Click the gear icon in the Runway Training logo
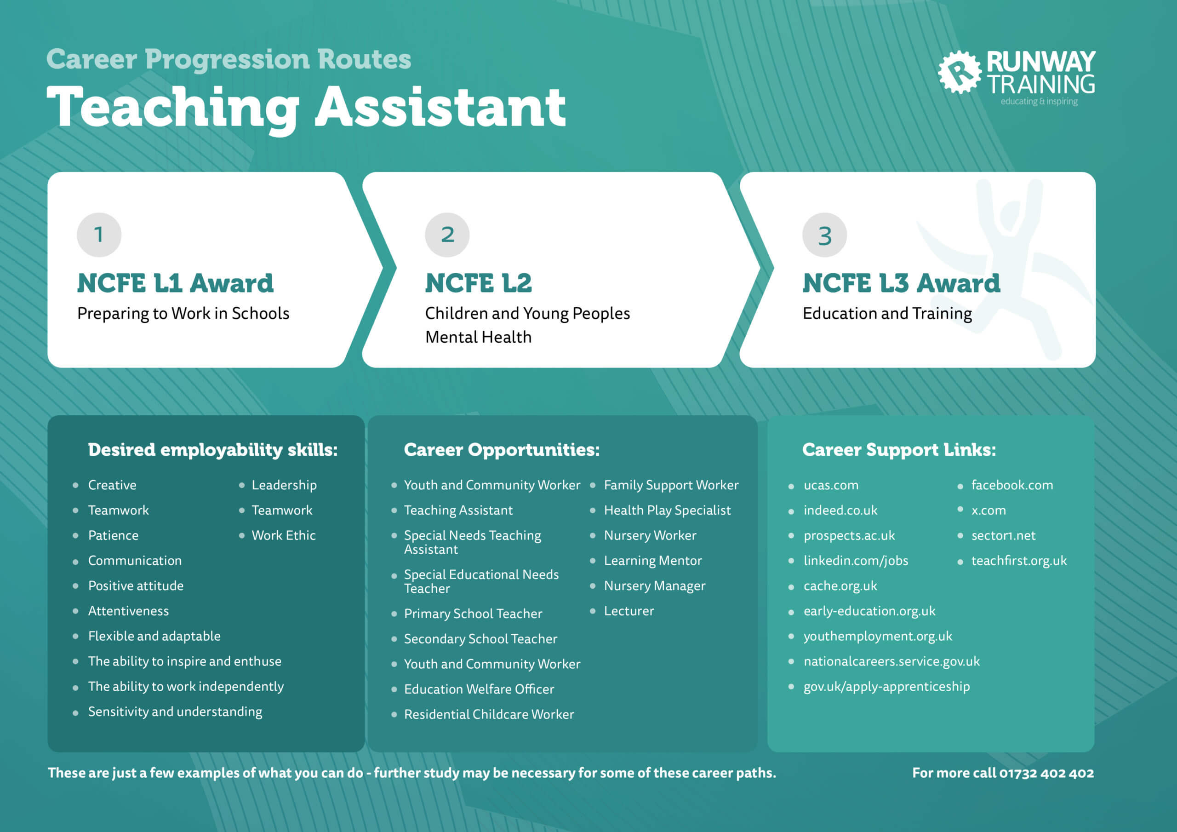959,72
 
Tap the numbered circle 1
99,235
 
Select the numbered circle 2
447,235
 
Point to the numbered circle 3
824,235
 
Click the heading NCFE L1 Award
175,283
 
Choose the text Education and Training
887,313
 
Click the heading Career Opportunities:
501,450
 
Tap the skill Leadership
284,485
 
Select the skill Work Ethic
284,535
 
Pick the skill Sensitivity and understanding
175,712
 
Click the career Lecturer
628,611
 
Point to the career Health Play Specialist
667,511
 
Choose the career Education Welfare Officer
479,689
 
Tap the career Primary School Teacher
473,614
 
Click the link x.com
988,511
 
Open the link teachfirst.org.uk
1018,561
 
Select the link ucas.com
830,485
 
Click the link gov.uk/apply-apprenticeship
886,687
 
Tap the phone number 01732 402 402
1046,773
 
